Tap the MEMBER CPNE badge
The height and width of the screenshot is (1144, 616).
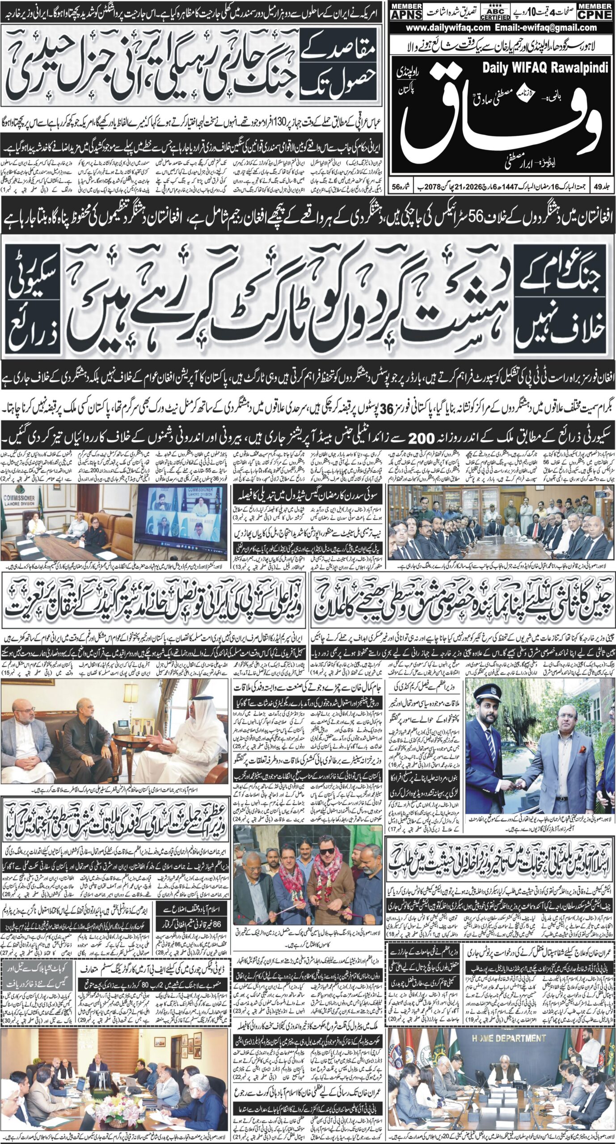click(x=594, y=13)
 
